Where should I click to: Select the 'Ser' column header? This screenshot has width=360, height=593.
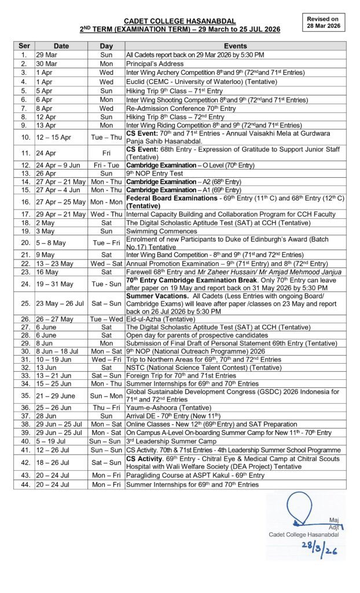(24, 46)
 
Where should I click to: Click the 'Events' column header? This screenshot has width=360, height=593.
(235, 46)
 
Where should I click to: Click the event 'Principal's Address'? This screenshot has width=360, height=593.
(155, 64)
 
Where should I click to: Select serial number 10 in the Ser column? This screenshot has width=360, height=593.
(24, 137)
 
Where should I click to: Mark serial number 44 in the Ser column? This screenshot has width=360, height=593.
(24, 484)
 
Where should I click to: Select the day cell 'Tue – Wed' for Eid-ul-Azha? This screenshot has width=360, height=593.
(106, 318)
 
